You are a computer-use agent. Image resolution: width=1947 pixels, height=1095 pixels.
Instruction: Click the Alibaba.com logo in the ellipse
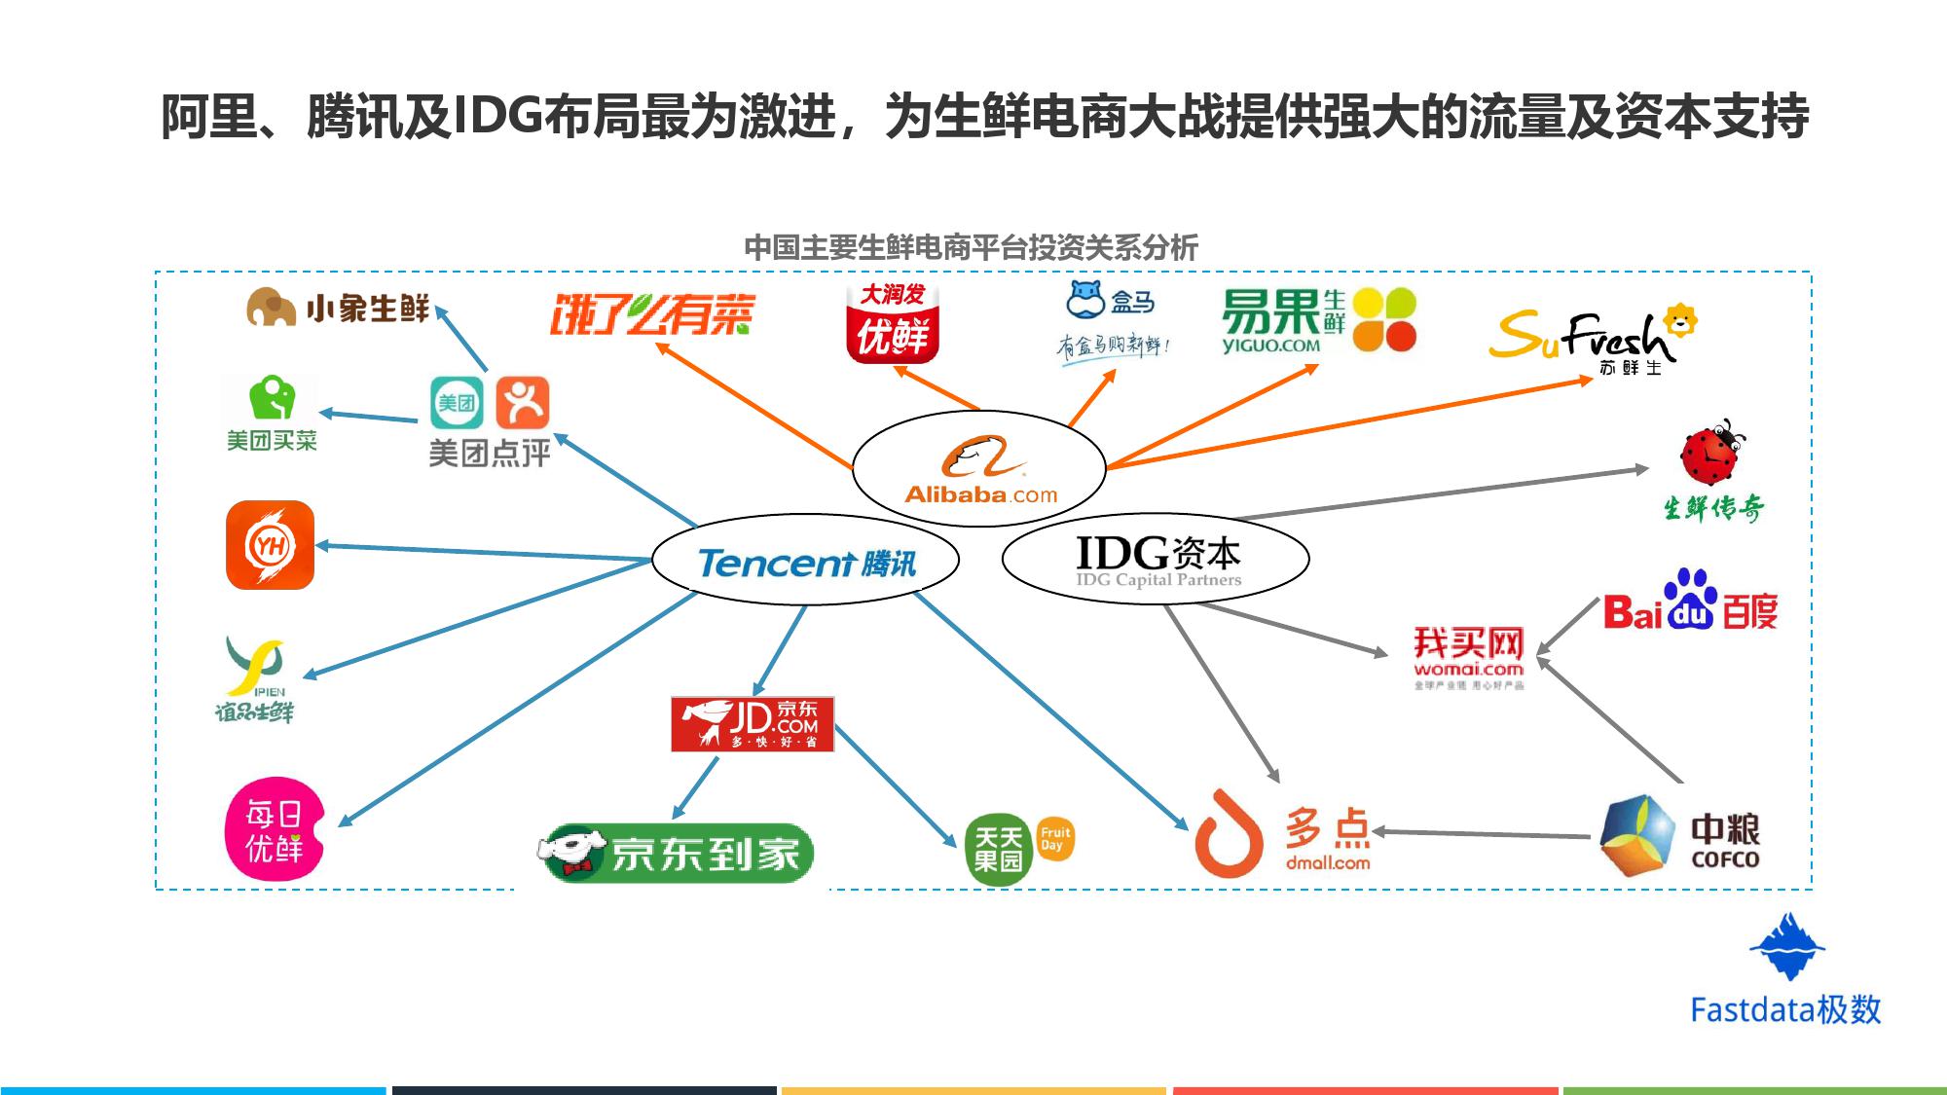point(980,470)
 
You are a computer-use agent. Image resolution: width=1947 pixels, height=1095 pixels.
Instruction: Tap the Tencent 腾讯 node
point(806,562)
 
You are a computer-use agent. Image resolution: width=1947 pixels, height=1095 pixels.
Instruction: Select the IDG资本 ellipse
point(1157,559)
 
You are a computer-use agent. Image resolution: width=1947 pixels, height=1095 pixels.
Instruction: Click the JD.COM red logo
point(753,723)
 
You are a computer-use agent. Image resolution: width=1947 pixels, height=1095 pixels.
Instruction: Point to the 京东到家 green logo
point(678,853)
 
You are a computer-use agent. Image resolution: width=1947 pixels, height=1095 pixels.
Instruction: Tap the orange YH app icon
point(270,545)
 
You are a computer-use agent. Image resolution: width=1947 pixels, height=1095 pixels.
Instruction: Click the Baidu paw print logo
point(1690,599)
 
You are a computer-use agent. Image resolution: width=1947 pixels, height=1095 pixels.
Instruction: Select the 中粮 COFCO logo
point(1680,835)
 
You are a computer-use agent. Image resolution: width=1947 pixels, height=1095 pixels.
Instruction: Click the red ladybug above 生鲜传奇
point(1712,453)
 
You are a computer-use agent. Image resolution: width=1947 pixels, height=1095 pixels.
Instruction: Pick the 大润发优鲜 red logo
point(893,322)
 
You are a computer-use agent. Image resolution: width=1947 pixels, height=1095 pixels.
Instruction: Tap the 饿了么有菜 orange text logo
point(652,313)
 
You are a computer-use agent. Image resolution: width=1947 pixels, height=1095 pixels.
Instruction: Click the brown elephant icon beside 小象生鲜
point(271,307)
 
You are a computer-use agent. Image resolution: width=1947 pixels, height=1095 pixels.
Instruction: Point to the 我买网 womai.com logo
point(1468,654)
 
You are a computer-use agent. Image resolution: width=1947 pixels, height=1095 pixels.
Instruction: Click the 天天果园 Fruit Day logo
point(1018,848)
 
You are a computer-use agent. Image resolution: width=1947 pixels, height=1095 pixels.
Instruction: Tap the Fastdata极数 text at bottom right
point(1785,1010)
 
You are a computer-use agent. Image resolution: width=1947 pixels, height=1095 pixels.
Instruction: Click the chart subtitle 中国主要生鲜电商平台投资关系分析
point(971,247)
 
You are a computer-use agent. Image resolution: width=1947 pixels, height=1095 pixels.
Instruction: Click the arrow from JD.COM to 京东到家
point(696,786)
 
